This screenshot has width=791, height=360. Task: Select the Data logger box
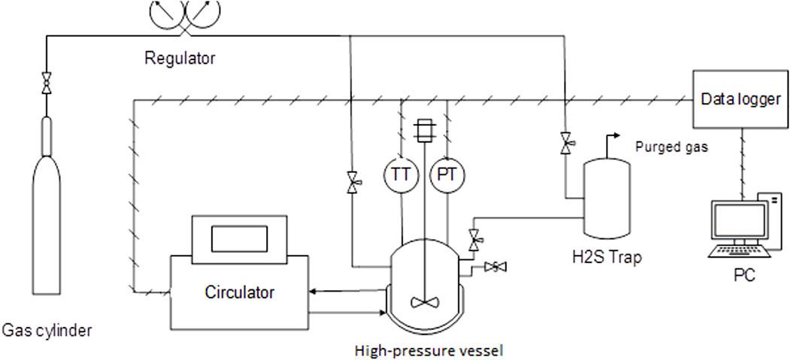740,99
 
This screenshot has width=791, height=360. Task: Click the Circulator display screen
238,238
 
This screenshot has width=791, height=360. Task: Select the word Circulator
238,292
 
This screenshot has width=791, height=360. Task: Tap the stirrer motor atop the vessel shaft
425,129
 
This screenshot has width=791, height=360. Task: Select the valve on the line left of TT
351,183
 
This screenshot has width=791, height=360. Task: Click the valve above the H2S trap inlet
565,143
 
